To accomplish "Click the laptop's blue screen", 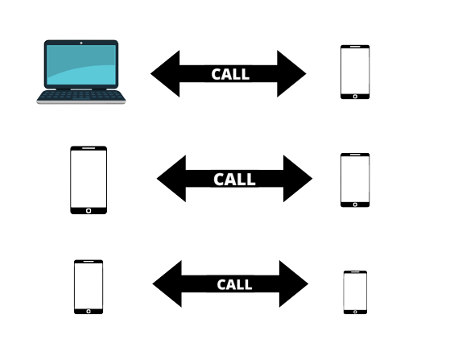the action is point(81,65).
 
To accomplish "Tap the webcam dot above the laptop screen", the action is point(81,43).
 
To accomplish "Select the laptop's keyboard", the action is point(81,96).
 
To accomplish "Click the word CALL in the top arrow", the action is point(230,74).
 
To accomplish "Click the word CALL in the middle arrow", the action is point(234,180).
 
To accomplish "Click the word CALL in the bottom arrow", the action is point(234,284).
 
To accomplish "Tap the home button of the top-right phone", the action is point(355,97).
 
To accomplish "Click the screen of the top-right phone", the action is point(355,71).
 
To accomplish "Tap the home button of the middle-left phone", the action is point(89,211).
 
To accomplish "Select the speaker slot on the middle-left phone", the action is point(89,148).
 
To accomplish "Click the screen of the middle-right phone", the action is point(355,179).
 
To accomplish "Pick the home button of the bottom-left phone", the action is point(89,312).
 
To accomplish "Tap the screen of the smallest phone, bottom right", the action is point(355,292).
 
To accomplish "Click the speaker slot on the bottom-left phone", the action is point(89,262).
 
